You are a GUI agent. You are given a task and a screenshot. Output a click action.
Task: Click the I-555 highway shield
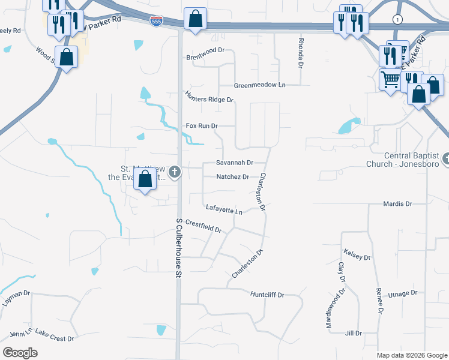[155, 21]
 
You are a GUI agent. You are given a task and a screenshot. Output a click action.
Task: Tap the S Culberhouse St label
[178, 247]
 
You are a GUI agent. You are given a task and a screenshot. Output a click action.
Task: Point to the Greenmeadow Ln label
[259, 85]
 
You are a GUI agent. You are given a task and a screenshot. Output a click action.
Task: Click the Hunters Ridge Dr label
[209, 96]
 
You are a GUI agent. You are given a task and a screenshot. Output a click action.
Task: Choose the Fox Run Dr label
[201, 126]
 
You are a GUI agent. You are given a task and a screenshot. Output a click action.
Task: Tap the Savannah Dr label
[235, 163]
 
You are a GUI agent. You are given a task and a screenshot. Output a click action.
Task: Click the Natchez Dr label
[232, 177]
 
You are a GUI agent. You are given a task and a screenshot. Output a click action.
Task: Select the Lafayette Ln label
[223, 209]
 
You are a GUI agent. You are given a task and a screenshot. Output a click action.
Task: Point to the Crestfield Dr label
[203, 226]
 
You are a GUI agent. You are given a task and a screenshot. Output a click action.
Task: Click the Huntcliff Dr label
[267, 295]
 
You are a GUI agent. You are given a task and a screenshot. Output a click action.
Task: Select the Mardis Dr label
[397, 204]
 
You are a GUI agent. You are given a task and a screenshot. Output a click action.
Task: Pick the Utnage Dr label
[402, 293]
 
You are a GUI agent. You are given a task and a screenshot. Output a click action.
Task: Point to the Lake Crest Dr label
[54, 335]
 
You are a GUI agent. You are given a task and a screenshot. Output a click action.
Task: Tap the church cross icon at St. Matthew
[175, 173]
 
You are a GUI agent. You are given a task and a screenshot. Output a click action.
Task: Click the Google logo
[20, 353]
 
